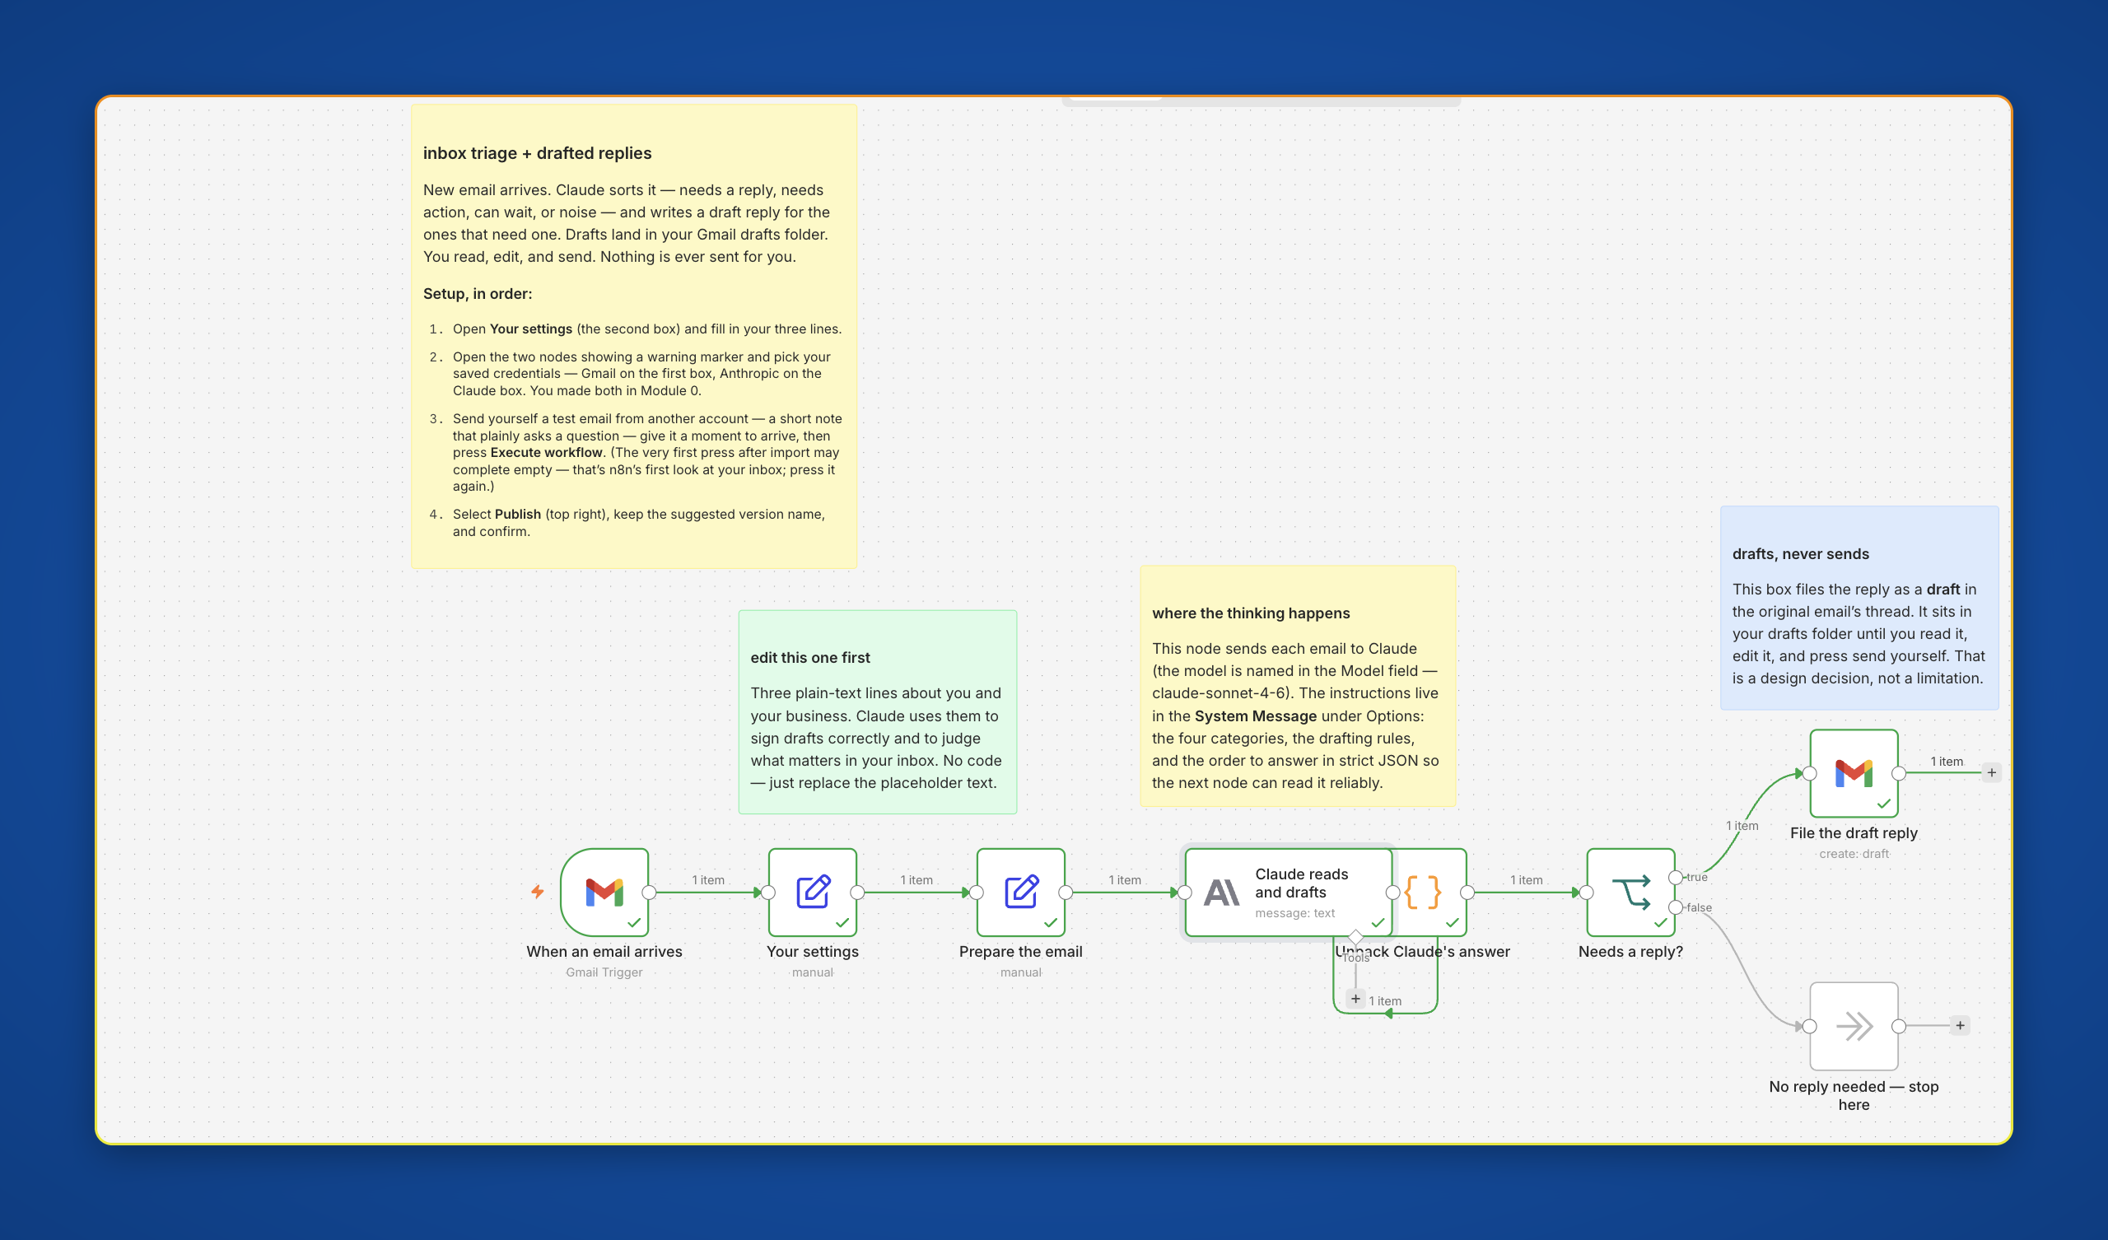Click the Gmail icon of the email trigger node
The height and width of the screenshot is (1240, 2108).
pyautogui.click(x=604, y=892)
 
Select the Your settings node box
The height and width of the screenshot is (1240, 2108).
pyautogui.click(x=812, y=892)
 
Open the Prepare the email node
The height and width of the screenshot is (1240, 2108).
pyautogui.click(x=1020, y=892)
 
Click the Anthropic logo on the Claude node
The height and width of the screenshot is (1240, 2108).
pyautogui.click(x=1221, y=893)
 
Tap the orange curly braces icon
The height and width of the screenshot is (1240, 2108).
pyautogui.click(x=1423, y=892)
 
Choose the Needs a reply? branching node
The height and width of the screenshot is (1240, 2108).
pyautogui.click(x=1630, y=892)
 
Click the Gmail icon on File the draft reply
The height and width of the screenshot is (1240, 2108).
pyautogui.click(x=1854, y=773)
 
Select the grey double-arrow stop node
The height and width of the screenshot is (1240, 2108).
pyautogui.click(x=1854, y=1026)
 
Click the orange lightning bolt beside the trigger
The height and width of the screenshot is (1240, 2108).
pyautogui.click(x=538, y=892)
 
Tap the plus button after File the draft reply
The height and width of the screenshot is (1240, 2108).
pyautogui.click(x=1992, y=773)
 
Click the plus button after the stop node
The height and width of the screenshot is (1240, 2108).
pyautogui.click(x=1960, y=1026)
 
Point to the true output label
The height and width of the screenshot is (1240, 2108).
pyautogui.click(x=1696, y=877)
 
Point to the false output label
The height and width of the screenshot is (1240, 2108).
pyautogui.click(x=1699, y=907)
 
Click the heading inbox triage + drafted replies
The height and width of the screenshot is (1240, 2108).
pyautogui.click(x=537, y=153)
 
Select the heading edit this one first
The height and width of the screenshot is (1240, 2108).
pyautogui.click(x=809, y=658)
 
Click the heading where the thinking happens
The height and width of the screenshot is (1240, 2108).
pyautogui.click(x=1251, y=613)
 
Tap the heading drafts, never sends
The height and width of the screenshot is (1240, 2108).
pyautogui.click(x=1800, y=554)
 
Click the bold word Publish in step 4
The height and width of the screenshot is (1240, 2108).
pyautogui.click(x=518, y=514)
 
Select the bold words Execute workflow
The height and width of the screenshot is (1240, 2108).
pyautogui.click(x=546, y=453)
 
